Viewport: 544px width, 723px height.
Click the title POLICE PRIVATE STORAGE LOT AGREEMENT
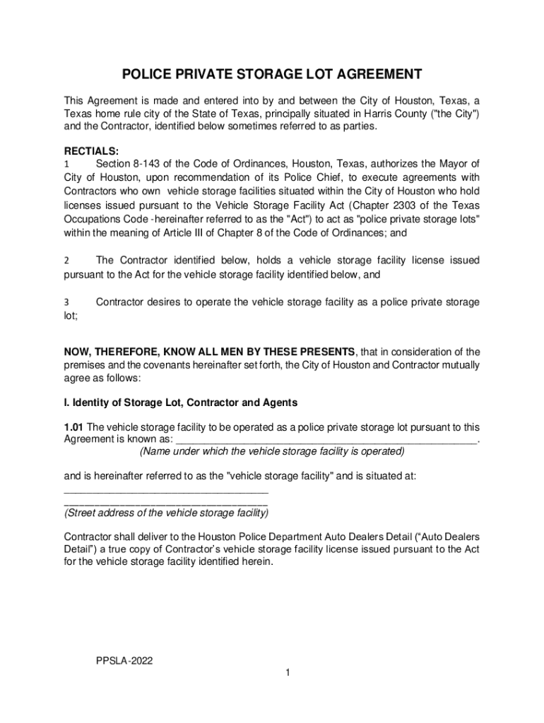click(272, 74)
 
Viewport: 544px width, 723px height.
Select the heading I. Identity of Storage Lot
click(180, 402)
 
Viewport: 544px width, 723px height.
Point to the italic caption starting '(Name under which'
click(272, 451)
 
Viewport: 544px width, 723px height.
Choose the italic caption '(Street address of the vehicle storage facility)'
click(166, 513)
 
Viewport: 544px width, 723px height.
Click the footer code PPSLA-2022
click(125, 660)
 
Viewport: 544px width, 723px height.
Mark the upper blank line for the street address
click(166, 490)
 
